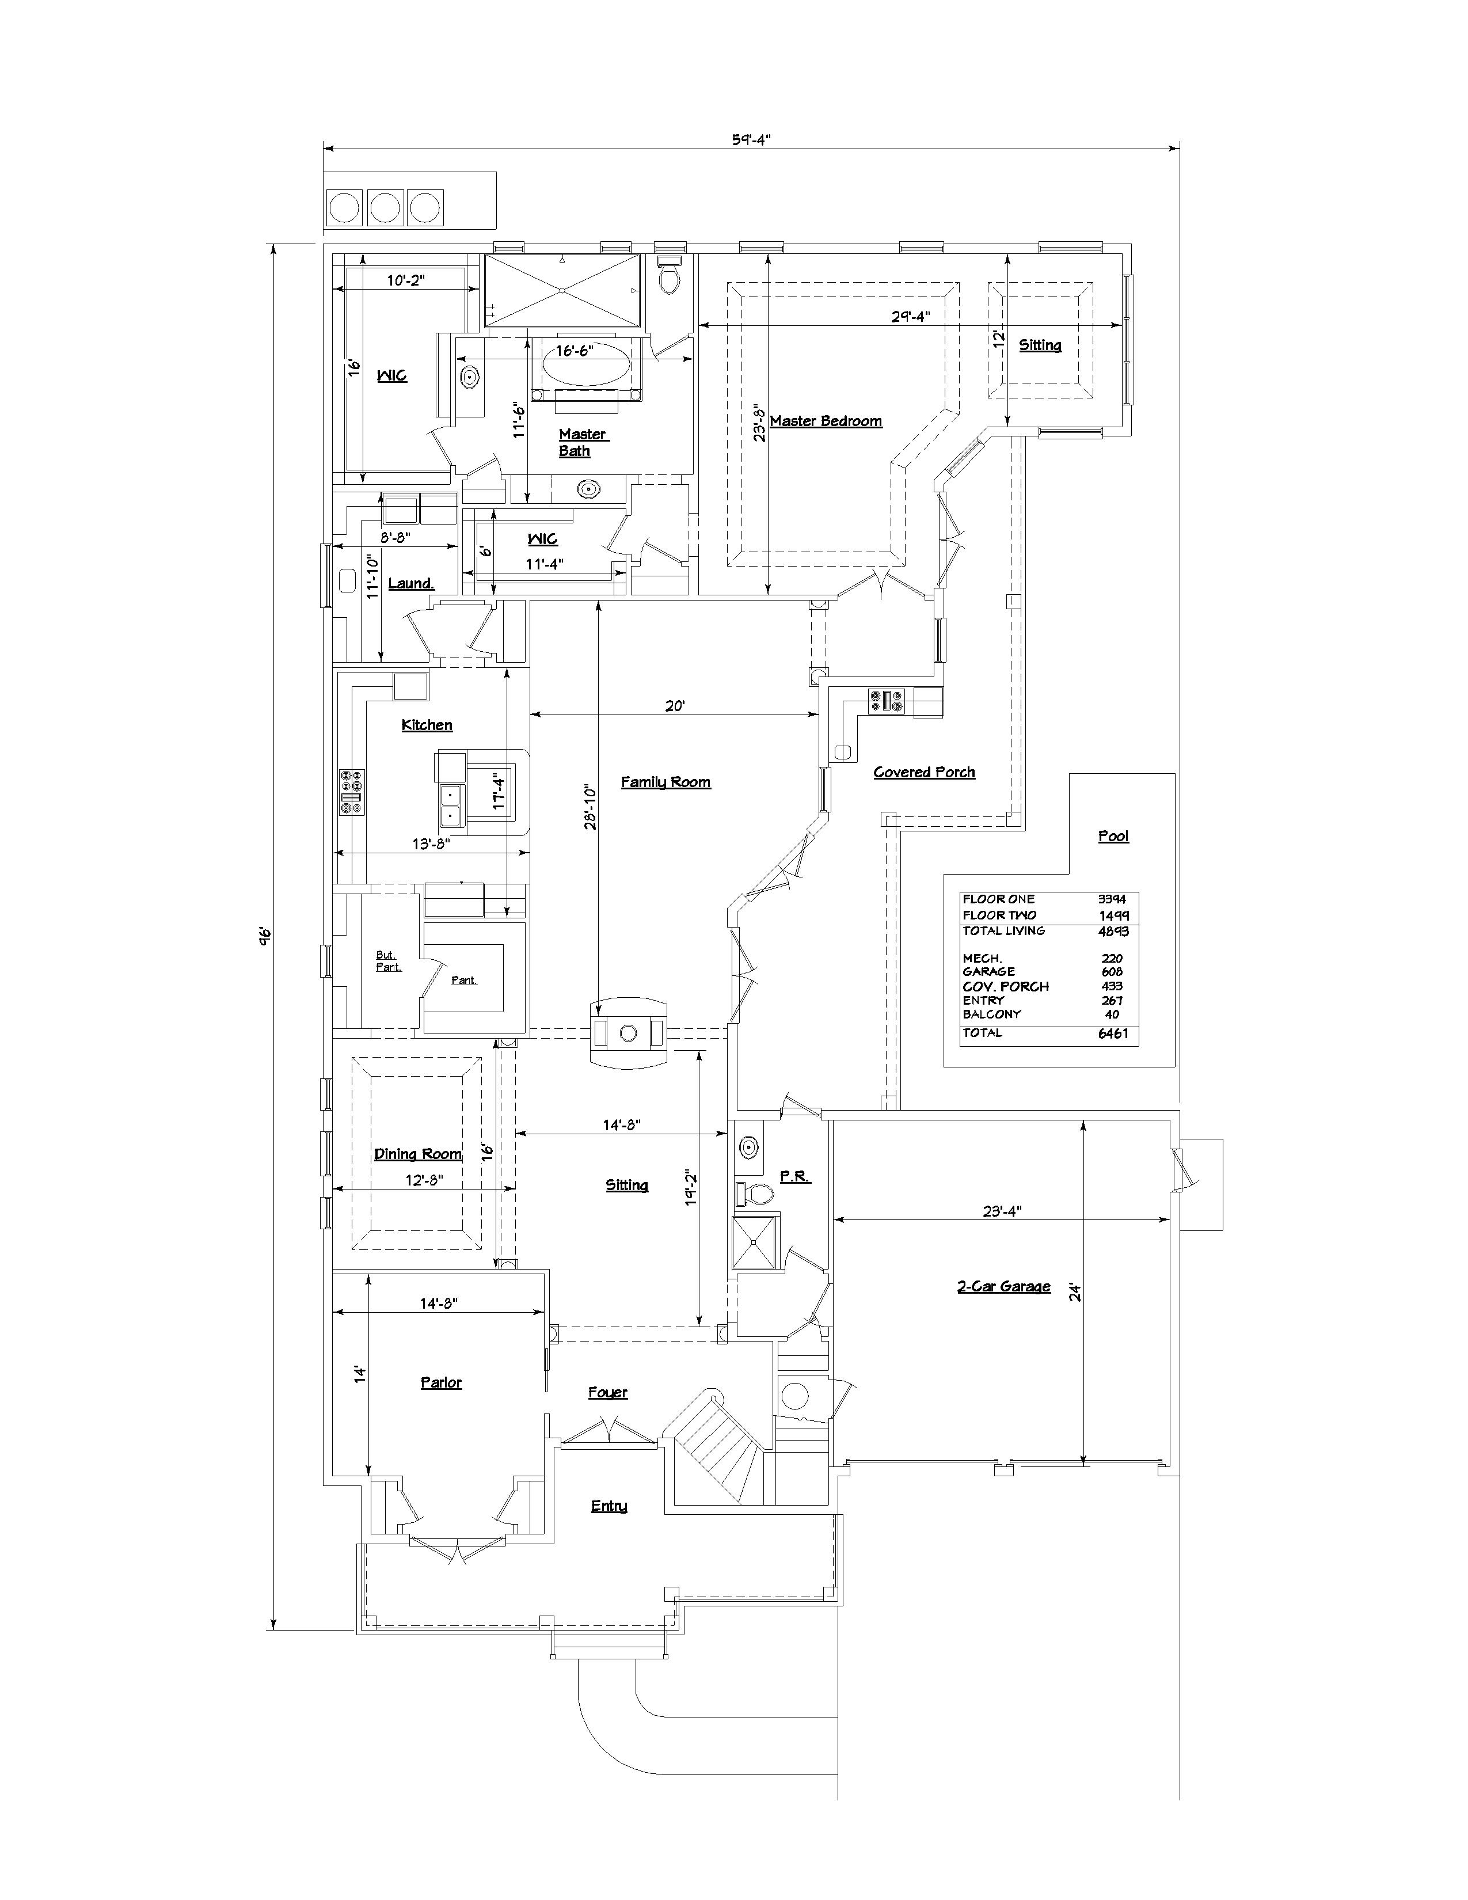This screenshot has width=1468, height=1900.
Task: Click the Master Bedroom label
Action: point(826,421)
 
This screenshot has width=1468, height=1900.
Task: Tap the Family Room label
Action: point(665,782)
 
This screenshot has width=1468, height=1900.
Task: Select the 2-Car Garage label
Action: point(1003,1287)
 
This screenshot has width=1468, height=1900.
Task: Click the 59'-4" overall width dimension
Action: point(751,138)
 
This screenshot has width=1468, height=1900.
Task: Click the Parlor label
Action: point(441,1382)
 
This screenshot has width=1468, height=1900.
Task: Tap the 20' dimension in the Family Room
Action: point(675,706)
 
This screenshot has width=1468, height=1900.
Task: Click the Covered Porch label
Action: point(925,773)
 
